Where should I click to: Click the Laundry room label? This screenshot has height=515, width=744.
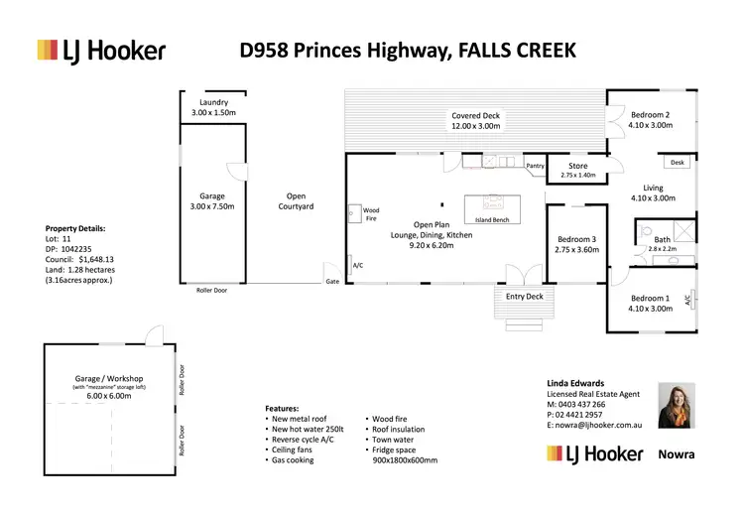[x=213, y=102]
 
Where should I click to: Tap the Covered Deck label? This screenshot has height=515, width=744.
[x=476, y=116]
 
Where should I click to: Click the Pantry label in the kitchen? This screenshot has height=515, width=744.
[x=536, y=166]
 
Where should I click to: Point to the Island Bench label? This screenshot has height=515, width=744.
[x=493, y=219]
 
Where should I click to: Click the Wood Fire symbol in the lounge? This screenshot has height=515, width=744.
[x=353, y=210]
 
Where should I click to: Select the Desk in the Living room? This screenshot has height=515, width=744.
[x=678, y=163]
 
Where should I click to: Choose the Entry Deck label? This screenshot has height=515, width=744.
[x=524, y=296]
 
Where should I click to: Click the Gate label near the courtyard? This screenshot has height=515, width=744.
[x=332, y=283]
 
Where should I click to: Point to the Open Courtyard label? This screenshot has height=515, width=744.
[x=296, y=201]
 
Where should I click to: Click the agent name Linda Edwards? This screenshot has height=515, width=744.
[x=575, y=382]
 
